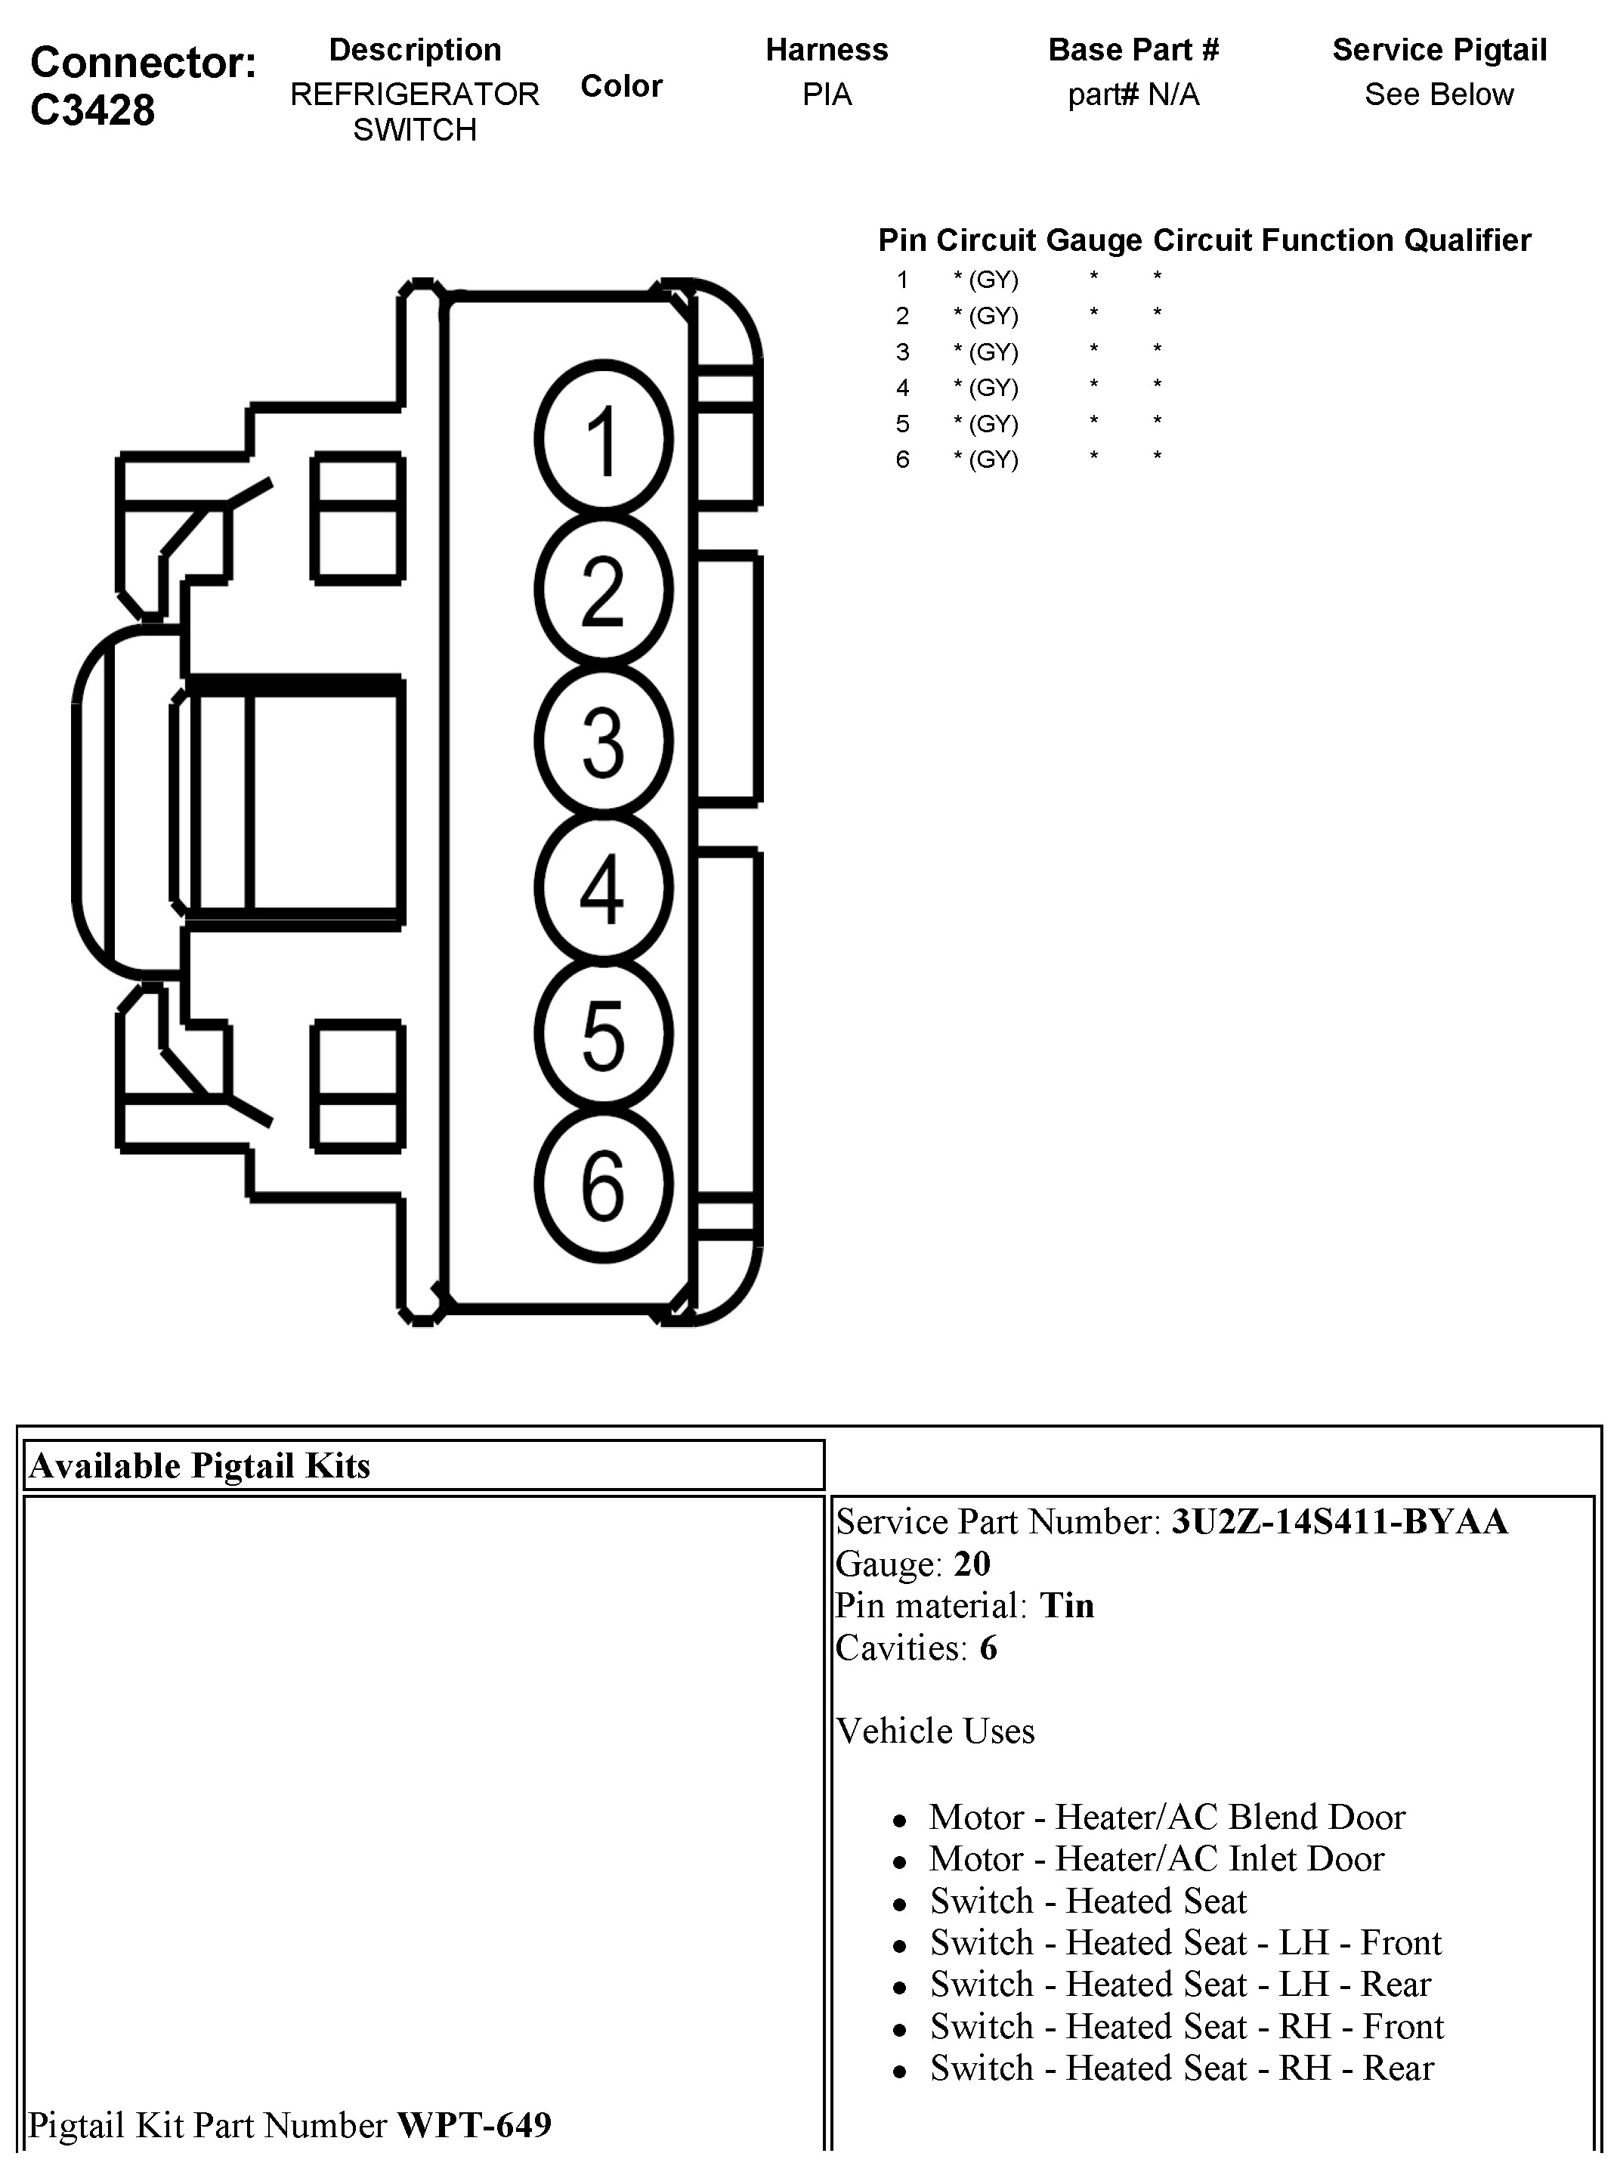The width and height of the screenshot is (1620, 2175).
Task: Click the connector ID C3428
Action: coord(92,110)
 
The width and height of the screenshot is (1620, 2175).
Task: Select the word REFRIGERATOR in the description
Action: coord(415,94)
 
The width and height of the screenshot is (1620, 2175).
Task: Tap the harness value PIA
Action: coord(827,94)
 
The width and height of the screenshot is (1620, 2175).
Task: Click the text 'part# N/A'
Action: coord(1133,94)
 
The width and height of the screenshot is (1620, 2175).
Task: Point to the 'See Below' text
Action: coord(1439,94)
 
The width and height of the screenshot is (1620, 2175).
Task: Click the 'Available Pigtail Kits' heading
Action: coord(200,1466)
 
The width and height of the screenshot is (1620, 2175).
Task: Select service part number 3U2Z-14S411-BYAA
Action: coord(1340,1521)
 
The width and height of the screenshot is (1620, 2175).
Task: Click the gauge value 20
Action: coord(972,1563)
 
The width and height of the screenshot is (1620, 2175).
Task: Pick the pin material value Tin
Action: coord(1067,1605)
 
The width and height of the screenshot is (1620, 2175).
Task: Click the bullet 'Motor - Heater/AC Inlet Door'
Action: coord(1156,1858)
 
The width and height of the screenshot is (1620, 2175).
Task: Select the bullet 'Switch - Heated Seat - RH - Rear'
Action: coord(1182,2067)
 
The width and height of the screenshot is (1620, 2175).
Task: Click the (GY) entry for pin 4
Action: coord(994,388)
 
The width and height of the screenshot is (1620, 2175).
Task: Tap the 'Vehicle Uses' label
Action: coord(935,1731)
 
